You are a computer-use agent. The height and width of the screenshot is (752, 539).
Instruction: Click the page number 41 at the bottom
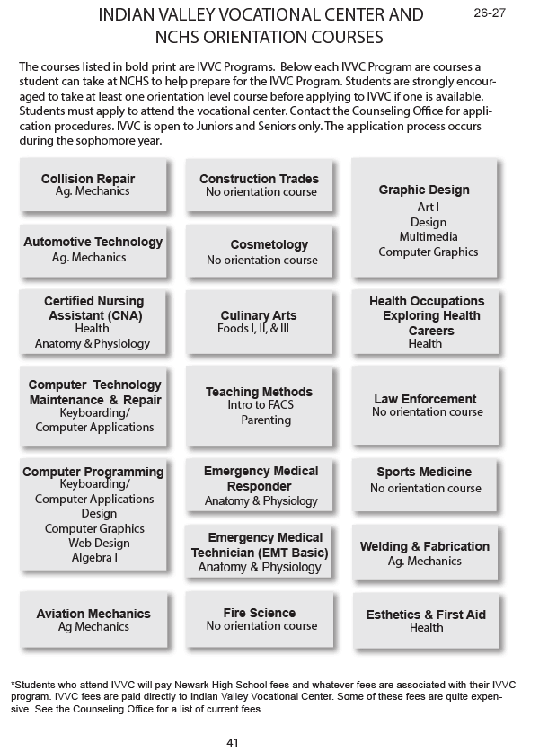click(232, 742)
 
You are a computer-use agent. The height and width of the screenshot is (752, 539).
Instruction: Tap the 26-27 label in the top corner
click(490, 14)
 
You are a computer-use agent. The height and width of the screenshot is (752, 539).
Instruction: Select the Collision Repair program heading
click(88, 179)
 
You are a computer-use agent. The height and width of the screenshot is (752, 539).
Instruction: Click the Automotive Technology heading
click(93, 242)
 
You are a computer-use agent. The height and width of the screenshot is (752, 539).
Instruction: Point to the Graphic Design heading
click(424, 190)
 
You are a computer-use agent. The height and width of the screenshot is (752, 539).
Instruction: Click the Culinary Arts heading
click(259, 315)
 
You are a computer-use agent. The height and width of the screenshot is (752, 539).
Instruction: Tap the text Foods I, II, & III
click(259, 329)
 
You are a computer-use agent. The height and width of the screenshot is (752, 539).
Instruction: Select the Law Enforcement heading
click(425, 399)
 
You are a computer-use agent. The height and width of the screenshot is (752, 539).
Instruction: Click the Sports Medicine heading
click(424, 472)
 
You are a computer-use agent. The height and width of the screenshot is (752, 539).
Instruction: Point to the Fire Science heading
click(260, 613)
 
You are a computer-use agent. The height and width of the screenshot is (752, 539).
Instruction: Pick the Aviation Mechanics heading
click(93, 614)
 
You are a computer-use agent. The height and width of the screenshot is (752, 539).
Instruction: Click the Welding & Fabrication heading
click(425, 546)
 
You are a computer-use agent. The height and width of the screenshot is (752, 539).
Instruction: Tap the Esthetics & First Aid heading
click(426, 615)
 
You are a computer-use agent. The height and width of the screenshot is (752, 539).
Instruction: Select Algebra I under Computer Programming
click(93, 557)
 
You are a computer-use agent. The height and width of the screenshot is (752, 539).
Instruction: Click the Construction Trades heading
click(259, 179)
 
